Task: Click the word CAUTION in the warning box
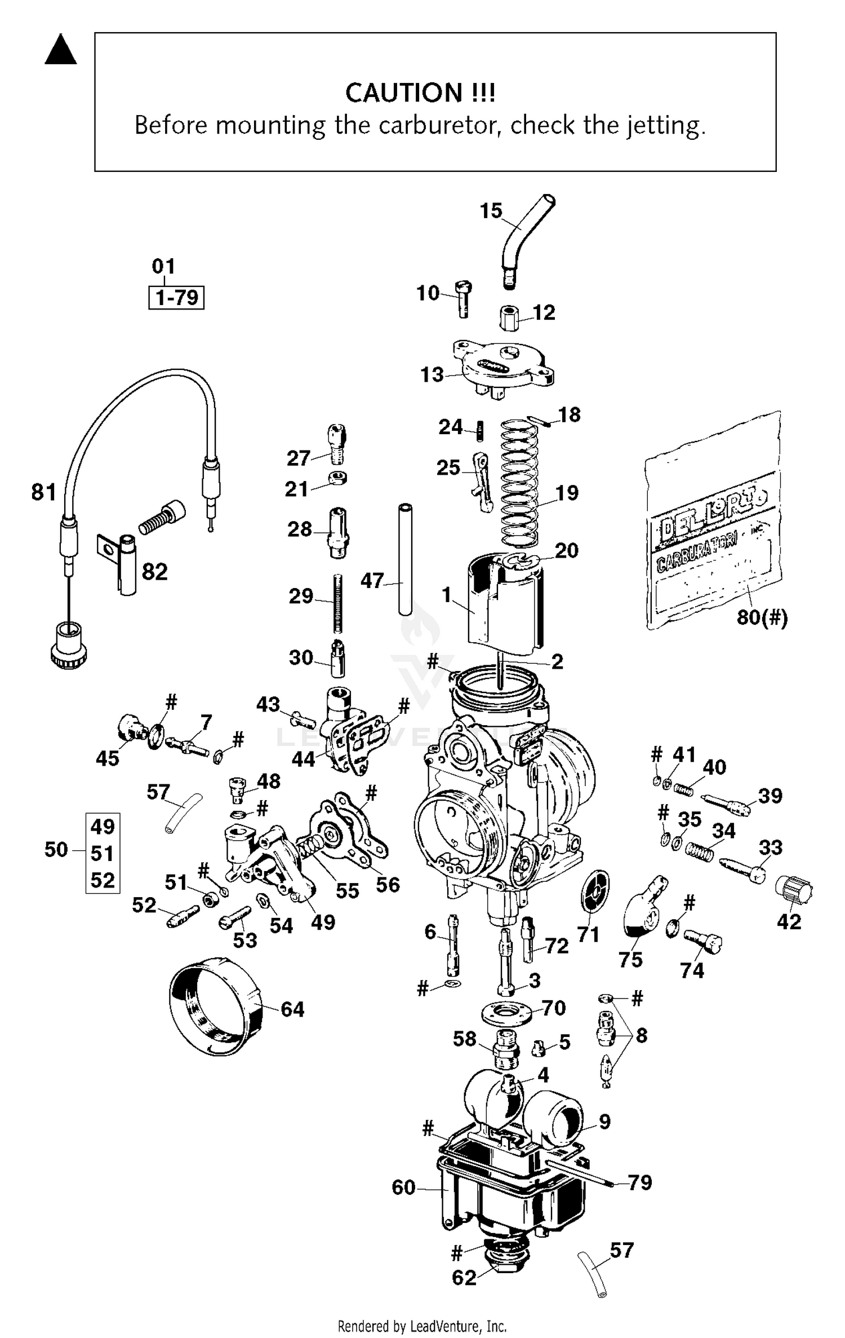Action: (403, 93)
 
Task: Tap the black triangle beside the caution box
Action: (61, 51)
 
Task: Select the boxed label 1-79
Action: (176, 297)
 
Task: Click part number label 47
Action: (372, 580)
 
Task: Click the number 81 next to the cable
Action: (43, 492)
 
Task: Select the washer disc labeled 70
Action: (507, 1013)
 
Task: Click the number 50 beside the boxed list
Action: (56, 850)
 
